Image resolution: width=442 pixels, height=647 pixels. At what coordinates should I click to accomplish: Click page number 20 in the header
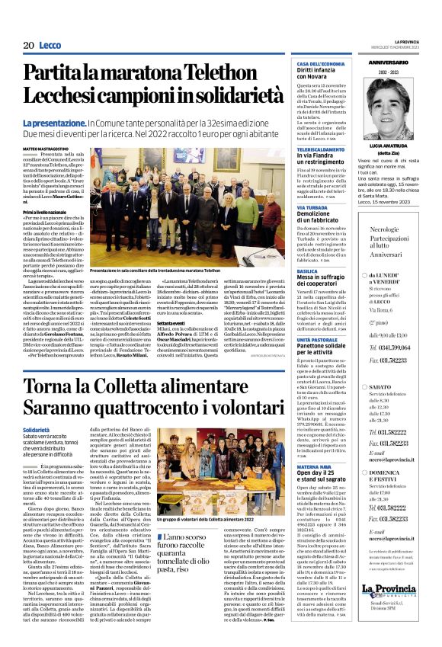pos(28,46)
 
